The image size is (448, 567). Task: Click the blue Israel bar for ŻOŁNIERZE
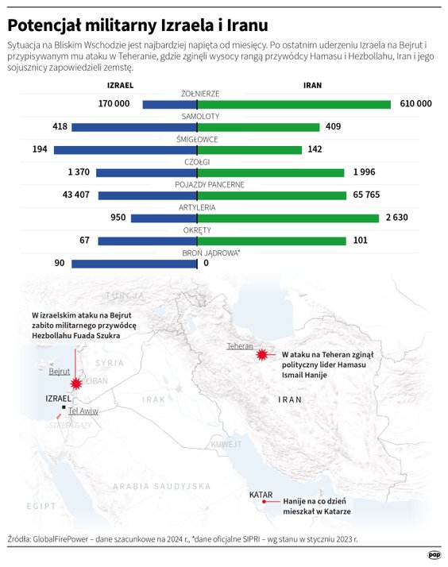click(170, 104)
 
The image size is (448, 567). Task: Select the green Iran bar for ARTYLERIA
click(288, 218)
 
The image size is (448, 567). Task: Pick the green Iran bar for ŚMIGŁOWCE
click(249, 149)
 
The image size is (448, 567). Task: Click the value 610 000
click(415, 104)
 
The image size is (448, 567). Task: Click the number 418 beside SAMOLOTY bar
click(59, 127)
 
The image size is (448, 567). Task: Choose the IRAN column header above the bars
click(313, 87)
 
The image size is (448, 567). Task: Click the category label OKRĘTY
click(198, 230)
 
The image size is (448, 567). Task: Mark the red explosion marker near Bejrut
click(76, 384)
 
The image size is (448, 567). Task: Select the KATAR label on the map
click(261, 495)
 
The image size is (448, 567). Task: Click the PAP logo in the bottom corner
click(434, 554)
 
